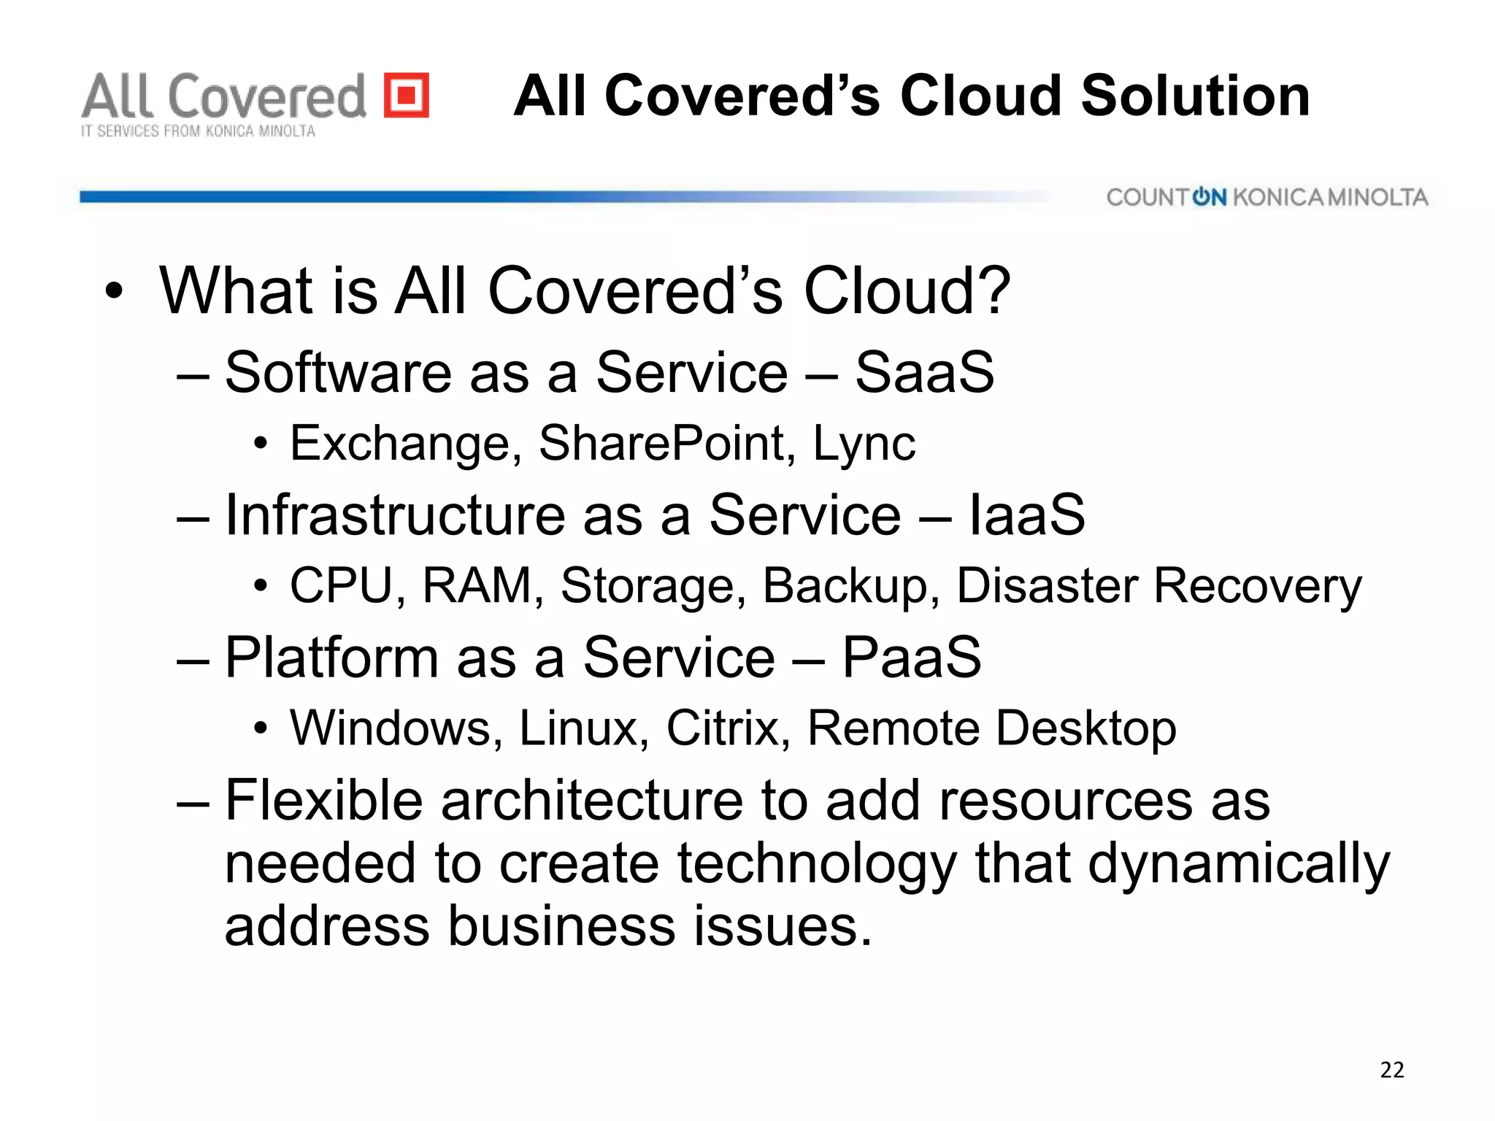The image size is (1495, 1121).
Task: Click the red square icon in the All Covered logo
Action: click(407, 95)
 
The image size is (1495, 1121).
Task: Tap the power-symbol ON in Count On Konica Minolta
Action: click(1209, 197)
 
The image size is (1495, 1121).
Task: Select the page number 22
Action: click(1391, 1070)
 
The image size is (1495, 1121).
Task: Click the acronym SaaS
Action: click(924, 372)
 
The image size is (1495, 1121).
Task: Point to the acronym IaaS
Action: click(1026, 515)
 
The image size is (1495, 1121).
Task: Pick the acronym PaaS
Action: click(912, 657)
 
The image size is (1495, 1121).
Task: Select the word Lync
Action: click(864, 444)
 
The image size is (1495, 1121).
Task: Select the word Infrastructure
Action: click(395, 515)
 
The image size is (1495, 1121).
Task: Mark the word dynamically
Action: click(1239, 864)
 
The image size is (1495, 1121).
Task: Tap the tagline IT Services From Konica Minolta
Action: click(198, 131)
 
